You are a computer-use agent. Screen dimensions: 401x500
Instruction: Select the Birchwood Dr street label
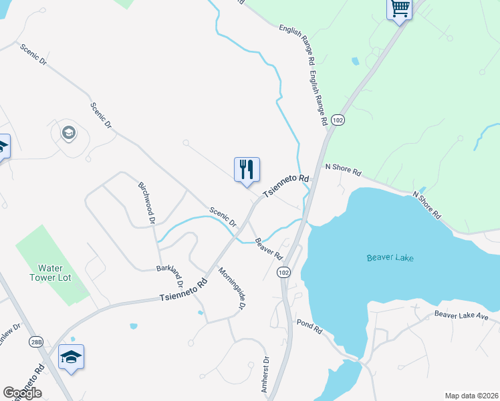(147, 202)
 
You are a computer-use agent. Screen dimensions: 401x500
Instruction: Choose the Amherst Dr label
(265, 375)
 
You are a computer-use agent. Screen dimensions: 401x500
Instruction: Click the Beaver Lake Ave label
(463, 314)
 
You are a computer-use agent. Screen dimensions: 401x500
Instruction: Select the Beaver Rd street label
(269, 249)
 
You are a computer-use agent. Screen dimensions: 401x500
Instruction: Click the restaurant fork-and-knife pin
(247, 170)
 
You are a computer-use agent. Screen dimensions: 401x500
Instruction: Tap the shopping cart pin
(399, 9)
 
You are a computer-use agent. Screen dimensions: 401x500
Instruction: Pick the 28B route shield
(35, 342)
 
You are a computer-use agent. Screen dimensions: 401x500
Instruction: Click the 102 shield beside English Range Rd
(338, 120)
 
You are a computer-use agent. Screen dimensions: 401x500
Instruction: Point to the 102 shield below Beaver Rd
(283, 273)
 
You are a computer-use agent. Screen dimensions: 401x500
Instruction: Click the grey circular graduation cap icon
(68, 133)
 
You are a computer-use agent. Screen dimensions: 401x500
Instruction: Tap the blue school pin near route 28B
(71, 357)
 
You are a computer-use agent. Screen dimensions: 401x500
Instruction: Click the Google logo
(23, 393)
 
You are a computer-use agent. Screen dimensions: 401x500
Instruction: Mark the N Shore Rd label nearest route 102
(343, 170)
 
